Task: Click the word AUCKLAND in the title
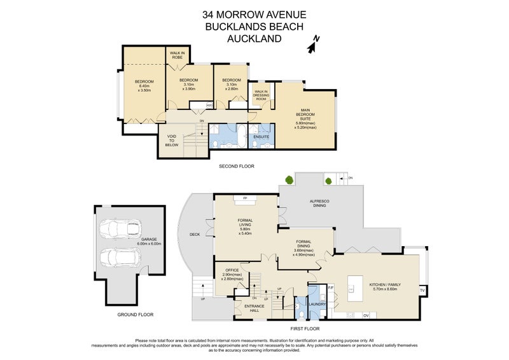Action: [254, 38]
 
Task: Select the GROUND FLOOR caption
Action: [136, 314]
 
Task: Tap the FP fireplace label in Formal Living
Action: [245, 198]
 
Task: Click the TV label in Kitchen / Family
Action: [421, 291]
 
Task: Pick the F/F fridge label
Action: [331, 287]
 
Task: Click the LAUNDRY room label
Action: [318, 304]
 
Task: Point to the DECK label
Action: [195, 234]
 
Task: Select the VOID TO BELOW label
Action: [172, 140]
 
